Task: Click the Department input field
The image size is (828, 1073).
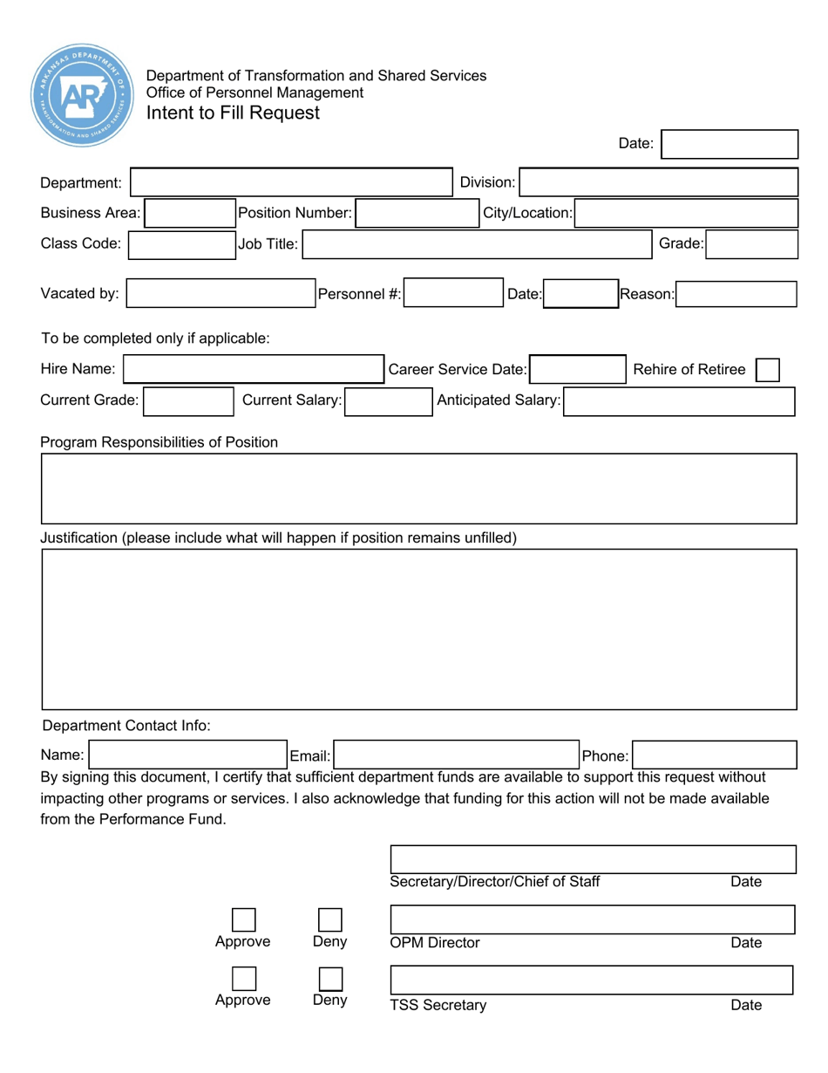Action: coord(291,183)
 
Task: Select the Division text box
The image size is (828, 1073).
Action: coord(659,183)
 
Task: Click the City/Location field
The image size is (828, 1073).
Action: coord(686,213)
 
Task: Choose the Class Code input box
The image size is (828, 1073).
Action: coord(180,244)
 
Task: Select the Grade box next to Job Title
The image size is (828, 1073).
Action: coord(751,245)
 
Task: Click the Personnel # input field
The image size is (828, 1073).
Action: coord(451,295)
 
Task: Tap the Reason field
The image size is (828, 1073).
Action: coord(736,295)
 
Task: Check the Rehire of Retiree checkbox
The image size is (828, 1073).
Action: coord(767,370)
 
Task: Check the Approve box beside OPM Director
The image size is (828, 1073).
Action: coord(243,920)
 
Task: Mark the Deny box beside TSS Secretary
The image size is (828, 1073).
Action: coord(329,979)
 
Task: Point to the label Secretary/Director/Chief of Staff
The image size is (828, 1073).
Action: coord(495,882)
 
